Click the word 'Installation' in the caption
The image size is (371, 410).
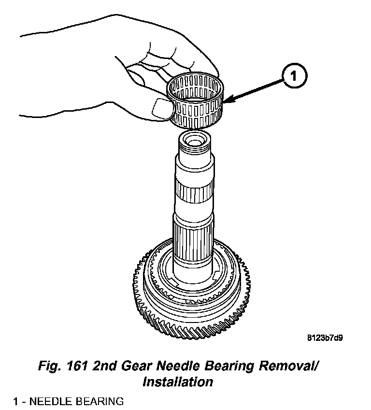[x=178, y=381]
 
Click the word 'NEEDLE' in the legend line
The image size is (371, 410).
[x=52, y=401]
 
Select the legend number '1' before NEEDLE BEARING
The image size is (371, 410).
[x=16, y=401]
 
